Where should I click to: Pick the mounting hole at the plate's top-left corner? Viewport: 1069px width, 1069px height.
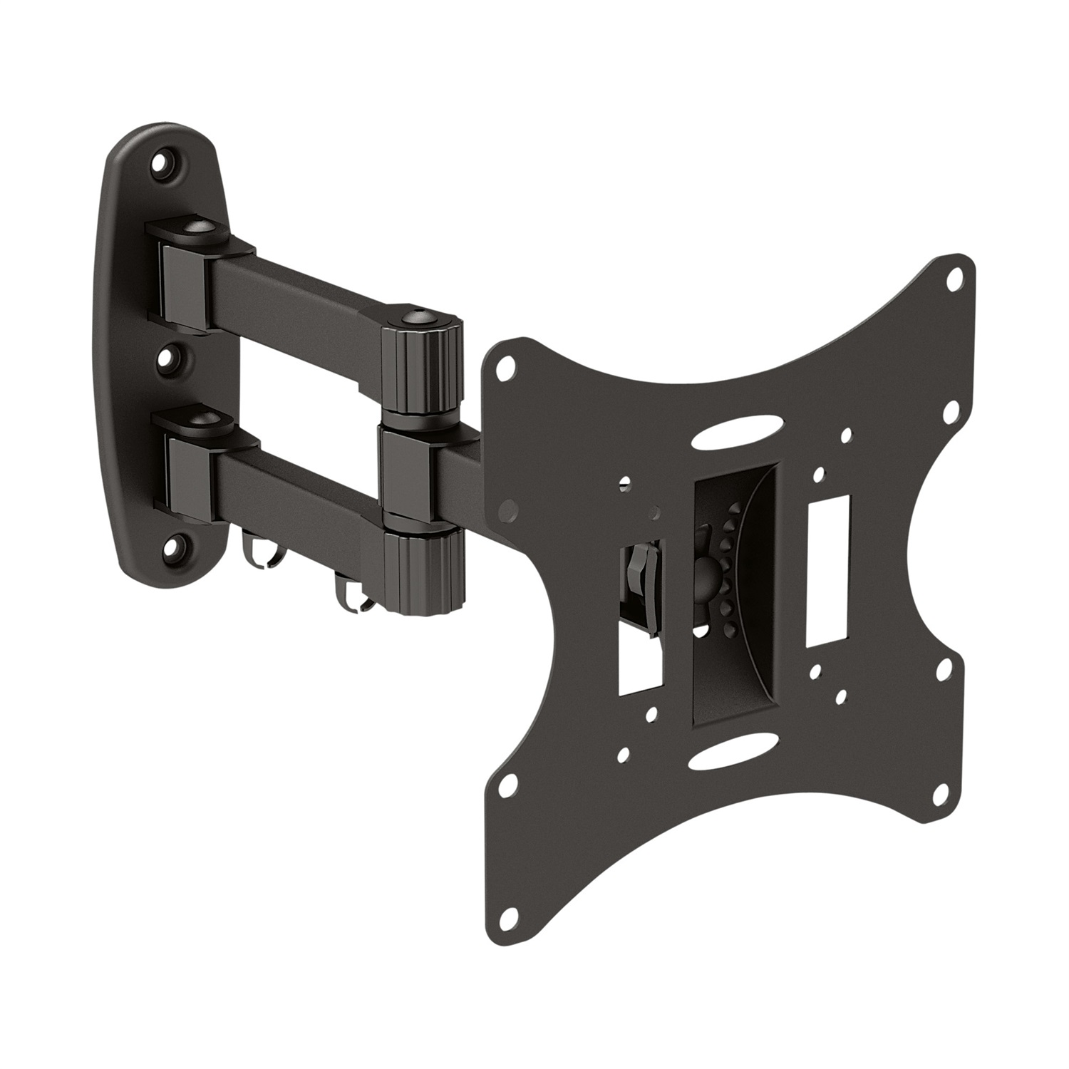pyautogui.click(x=506, y=366)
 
